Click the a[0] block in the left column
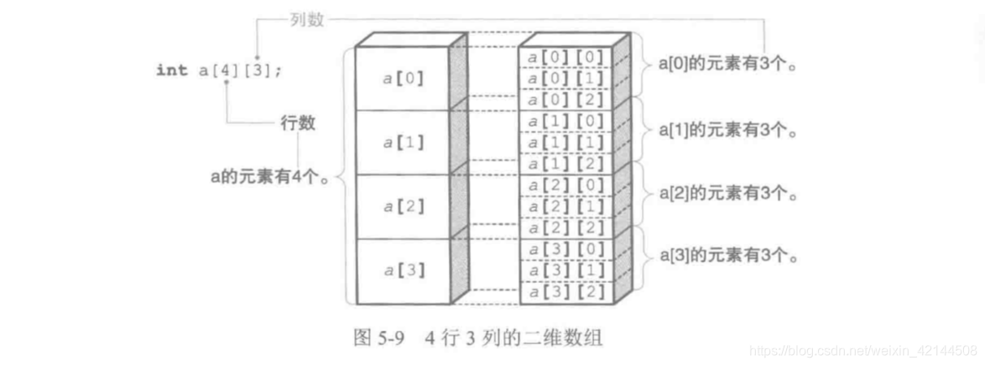coord(403,78)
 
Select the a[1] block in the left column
coord(403,143)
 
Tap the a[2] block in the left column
coord(403,207)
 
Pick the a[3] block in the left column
coord(403,270)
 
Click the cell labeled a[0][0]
coord(565,57)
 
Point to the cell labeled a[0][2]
coord(565,100)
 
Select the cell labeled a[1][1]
coord(565,143)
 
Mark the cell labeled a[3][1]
coord(565,271)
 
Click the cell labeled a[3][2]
coord(565,292)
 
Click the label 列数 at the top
coord(307,19)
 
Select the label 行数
coord(297,123)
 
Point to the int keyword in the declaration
coord(171,71)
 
